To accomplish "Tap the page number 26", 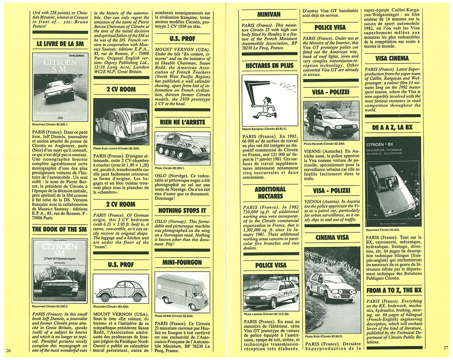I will tap(8, 350).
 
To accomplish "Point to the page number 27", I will tap(445, 348).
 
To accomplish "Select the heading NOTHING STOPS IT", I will tap(182, 211).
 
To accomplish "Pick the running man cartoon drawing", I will tap(270, 100).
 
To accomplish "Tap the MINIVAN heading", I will tap(270, 15).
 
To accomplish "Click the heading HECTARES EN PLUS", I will tap(270, 66).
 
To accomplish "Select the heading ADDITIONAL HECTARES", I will tap(270, 192).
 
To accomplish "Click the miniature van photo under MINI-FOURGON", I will tap(182, 292).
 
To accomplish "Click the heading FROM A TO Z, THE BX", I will tap(392, 290).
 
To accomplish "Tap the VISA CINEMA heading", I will tap(392, 58).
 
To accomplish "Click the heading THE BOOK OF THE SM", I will tap(59, 229).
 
